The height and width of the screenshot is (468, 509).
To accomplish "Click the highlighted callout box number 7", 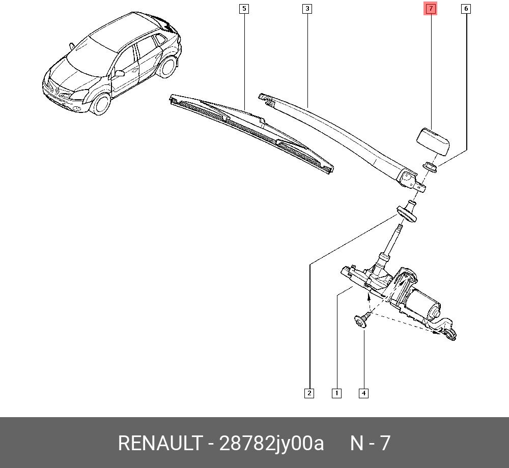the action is pos(431,9).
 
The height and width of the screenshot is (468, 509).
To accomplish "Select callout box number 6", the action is pos(466,9).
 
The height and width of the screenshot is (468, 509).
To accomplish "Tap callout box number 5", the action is pos(244,9).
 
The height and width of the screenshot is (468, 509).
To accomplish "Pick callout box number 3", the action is pos(307,9).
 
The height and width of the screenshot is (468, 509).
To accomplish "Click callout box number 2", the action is pos(309,393).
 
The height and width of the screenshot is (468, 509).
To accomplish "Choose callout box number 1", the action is pos(336,393).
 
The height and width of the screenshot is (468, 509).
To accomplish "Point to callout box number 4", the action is pos(363,393).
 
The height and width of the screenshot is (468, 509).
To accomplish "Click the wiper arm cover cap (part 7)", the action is pos(432,142).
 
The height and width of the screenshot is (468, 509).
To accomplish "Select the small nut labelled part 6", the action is pos(430,167).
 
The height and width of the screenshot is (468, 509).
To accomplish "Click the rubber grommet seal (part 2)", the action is pos(406,213).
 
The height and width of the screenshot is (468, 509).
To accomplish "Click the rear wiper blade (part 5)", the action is pos(251,133).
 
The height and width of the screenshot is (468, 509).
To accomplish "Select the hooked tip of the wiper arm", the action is pos(266,99).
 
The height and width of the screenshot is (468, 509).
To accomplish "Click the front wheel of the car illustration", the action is pos(101,103).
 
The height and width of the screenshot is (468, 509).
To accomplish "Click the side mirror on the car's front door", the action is pos(119,73).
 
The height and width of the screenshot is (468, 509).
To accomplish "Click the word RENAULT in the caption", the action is pos(160,443).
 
